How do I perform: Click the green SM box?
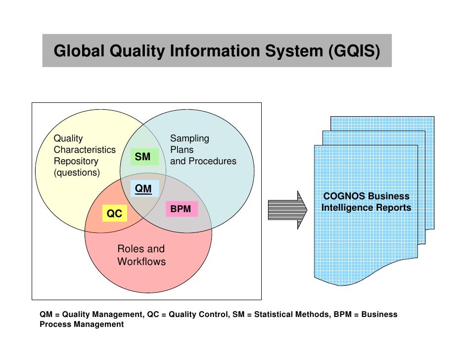click(142, 157)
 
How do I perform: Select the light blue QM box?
click(144, 188)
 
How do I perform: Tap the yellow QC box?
click(114, 214)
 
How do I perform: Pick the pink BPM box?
click(181, 209)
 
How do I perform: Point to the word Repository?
click(76, 161)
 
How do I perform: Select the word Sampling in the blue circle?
click(189, 138)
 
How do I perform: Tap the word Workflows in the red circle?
click(141, 262)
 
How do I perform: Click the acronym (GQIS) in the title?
click(354, 51)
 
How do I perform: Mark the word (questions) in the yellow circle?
click(77, 173)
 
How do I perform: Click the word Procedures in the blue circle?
click(215, 161)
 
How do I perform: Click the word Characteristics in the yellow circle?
click(85, 150)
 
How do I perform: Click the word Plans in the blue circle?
click(182, 150)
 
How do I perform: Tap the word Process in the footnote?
click(57, 324)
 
